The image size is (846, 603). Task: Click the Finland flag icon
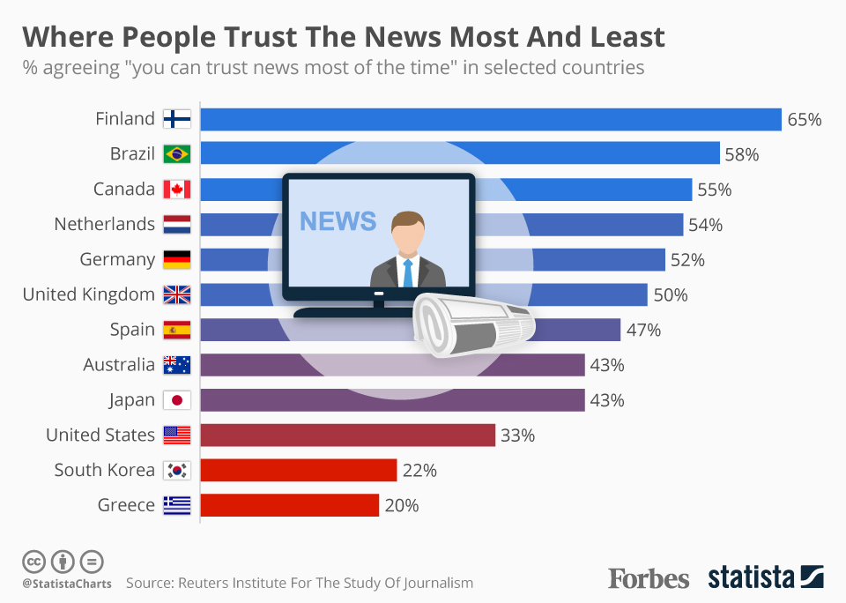point(177,119)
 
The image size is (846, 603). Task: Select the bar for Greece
point(290,505)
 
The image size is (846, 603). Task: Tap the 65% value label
point(805,119)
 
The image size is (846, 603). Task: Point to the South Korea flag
point(177,470)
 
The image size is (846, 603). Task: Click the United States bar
point(348,435)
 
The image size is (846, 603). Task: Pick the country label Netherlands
point(105,224)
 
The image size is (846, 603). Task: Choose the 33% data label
point(518,435)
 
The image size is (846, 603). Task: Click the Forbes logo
point(649,578)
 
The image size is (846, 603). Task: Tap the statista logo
point(766,577)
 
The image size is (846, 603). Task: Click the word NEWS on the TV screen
point(338,221)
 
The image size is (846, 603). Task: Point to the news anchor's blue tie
point(408,273)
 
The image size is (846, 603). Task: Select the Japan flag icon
point(177,400)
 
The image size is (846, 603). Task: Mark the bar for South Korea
point(299,470)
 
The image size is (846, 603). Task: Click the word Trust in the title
point(261,37)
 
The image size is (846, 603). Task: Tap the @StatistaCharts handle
point(67,584)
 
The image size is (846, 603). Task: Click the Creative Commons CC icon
point(33,562)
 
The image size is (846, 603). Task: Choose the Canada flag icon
point(177,190)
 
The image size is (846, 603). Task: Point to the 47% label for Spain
point(643,330)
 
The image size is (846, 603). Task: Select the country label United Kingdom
point(89,294)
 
